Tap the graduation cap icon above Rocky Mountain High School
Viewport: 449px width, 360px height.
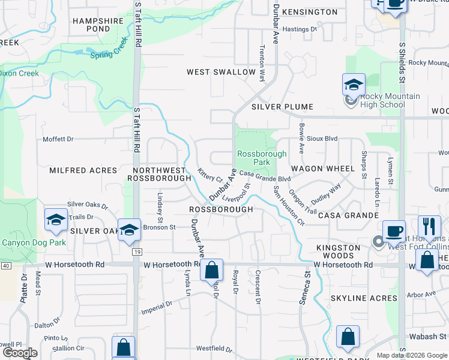tap(354, 85)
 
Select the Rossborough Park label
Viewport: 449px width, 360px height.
tap(262, 158)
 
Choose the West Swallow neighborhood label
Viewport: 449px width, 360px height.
tap(221, 72)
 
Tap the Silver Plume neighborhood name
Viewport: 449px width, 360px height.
tap(282, 107)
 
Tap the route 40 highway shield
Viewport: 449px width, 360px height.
tap(5, 265)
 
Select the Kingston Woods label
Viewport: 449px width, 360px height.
tap(339, 251)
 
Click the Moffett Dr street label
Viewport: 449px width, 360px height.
tap(58, 139)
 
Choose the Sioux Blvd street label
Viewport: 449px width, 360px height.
tap(322, 138)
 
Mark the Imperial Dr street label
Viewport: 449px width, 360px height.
tap(157, 308)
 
